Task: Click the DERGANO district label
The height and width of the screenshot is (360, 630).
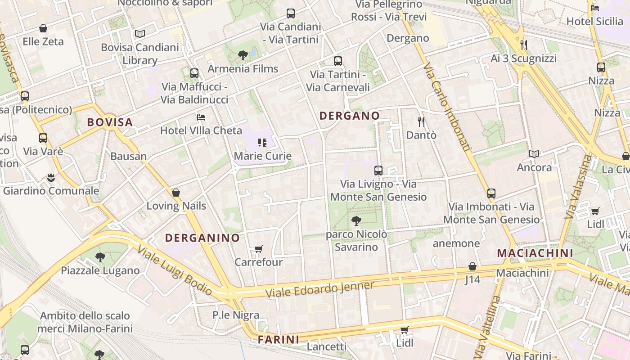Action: [x=349, y=116]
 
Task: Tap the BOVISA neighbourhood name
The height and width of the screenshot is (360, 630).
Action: [x=110, y=122]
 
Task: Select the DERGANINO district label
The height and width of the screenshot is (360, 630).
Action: [x=202, y=238]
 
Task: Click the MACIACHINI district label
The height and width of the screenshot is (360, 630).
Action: [x=535, y=253]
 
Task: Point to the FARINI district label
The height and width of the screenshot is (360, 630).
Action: [x=279, y=340]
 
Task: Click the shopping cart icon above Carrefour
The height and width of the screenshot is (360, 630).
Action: [x=258, y=249]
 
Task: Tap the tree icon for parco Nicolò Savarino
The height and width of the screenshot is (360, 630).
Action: [x=356, y=220]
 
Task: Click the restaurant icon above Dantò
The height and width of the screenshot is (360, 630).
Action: [x=421, y=121]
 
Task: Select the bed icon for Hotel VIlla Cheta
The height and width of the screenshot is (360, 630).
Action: [x=201, y=117]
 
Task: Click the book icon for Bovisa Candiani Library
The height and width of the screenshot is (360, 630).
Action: [x=140, y=34]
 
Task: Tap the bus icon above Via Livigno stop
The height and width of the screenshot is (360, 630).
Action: [x=378, y=171]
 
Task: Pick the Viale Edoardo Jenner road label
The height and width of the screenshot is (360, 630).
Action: [x=319, y=289]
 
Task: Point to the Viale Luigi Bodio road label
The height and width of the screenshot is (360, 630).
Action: [x=174, y=270]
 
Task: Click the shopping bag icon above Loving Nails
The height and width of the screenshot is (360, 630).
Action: [x=176, y=193]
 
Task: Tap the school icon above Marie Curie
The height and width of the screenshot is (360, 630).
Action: [x=262, y=143]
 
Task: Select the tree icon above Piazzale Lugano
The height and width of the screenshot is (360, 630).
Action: [x=100, y=257]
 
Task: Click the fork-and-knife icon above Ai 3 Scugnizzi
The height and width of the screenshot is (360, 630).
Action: [x=523, y=45]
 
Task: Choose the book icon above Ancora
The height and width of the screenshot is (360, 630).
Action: [x=534, y=154]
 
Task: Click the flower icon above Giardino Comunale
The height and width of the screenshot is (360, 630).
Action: [x=51, y=177]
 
